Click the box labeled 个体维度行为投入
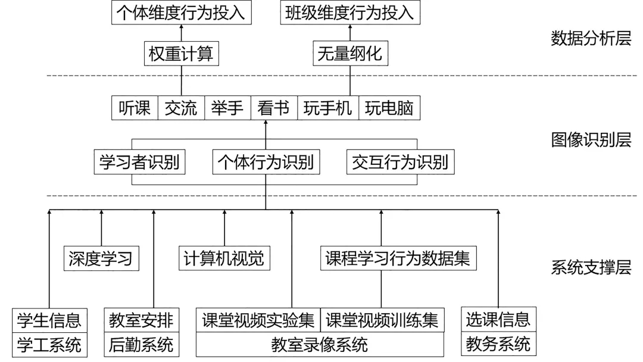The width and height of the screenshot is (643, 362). coord(182,13)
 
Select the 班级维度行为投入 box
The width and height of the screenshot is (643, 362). coord(349,13)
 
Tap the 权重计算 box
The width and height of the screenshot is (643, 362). coord(182,55)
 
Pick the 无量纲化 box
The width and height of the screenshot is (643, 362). coord(349,55)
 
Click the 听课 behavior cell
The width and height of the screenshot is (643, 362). coord(135,108)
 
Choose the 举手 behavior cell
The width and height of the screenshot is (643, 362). coord(227,108)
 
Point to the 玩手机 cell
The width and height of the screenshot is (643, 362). coord(328,108)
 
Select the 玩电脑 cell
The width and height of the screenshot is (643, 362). coord(389,108)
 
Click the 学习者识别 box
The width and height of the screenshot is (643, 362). coord(139,162)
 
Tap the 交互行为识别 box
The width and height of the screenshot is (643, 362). coord(399,162)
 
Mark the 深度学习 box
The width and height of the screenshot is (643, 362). coord(100,258)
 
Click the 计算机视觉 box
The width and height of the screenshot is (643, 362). coord(224,258)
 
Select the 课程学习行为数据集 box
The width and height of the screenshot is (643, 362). coord(398,258)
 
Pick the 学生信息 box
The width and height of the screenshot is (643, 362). coord(49,320)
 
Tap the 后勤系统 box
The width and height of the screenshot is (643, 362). coord(141,345)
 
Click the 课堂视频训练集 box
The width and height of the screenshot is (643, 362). coord(382,320)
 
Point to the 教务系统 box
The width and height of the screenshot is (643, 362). coord(498,344)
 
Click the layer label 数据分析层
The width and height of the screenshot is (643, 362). coord(591,39)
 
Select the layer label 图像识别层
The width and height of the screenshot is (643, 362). coord(591,140)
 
